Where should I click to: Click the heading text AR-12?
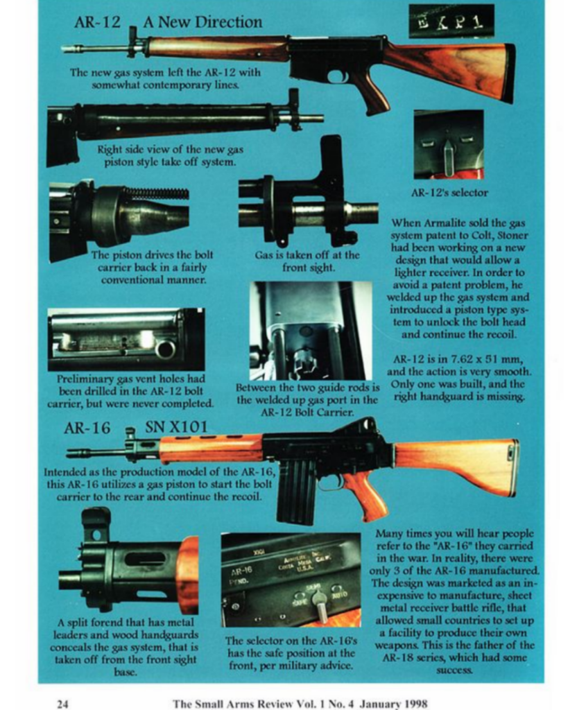pyautogui.click(x=97, y=22)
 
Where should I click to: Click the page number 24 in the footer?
pyautogui.click(x=62, y=703)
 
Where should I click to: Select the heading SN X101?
pyautogui.click(x=176, y=428)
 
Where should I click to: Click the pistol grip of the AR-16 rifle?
pyautogui.click(x=368, y=494)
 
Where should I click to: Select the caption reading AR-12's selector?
pyautogui.click(x=449, y=192)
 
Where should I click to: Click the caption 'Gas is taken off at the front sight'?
pyautogui.click(x=307, y=260)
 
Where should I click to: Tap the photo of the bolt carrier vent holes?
pyautogui.click(x=126, y=340)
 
